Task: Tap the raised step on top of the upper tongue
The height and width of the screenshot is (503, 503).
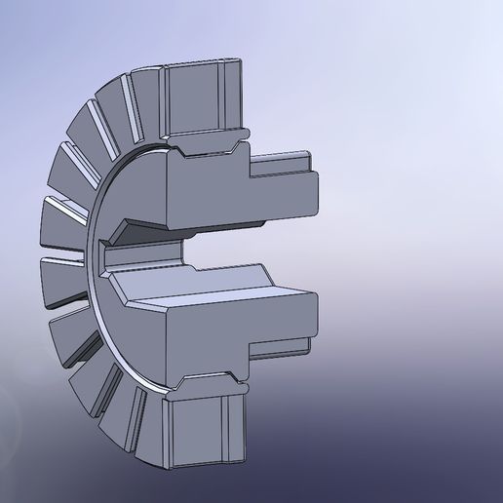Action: coord(283,159)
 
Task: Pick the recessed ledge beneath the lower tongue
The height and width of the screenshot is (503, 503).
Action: coord(283,348)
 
